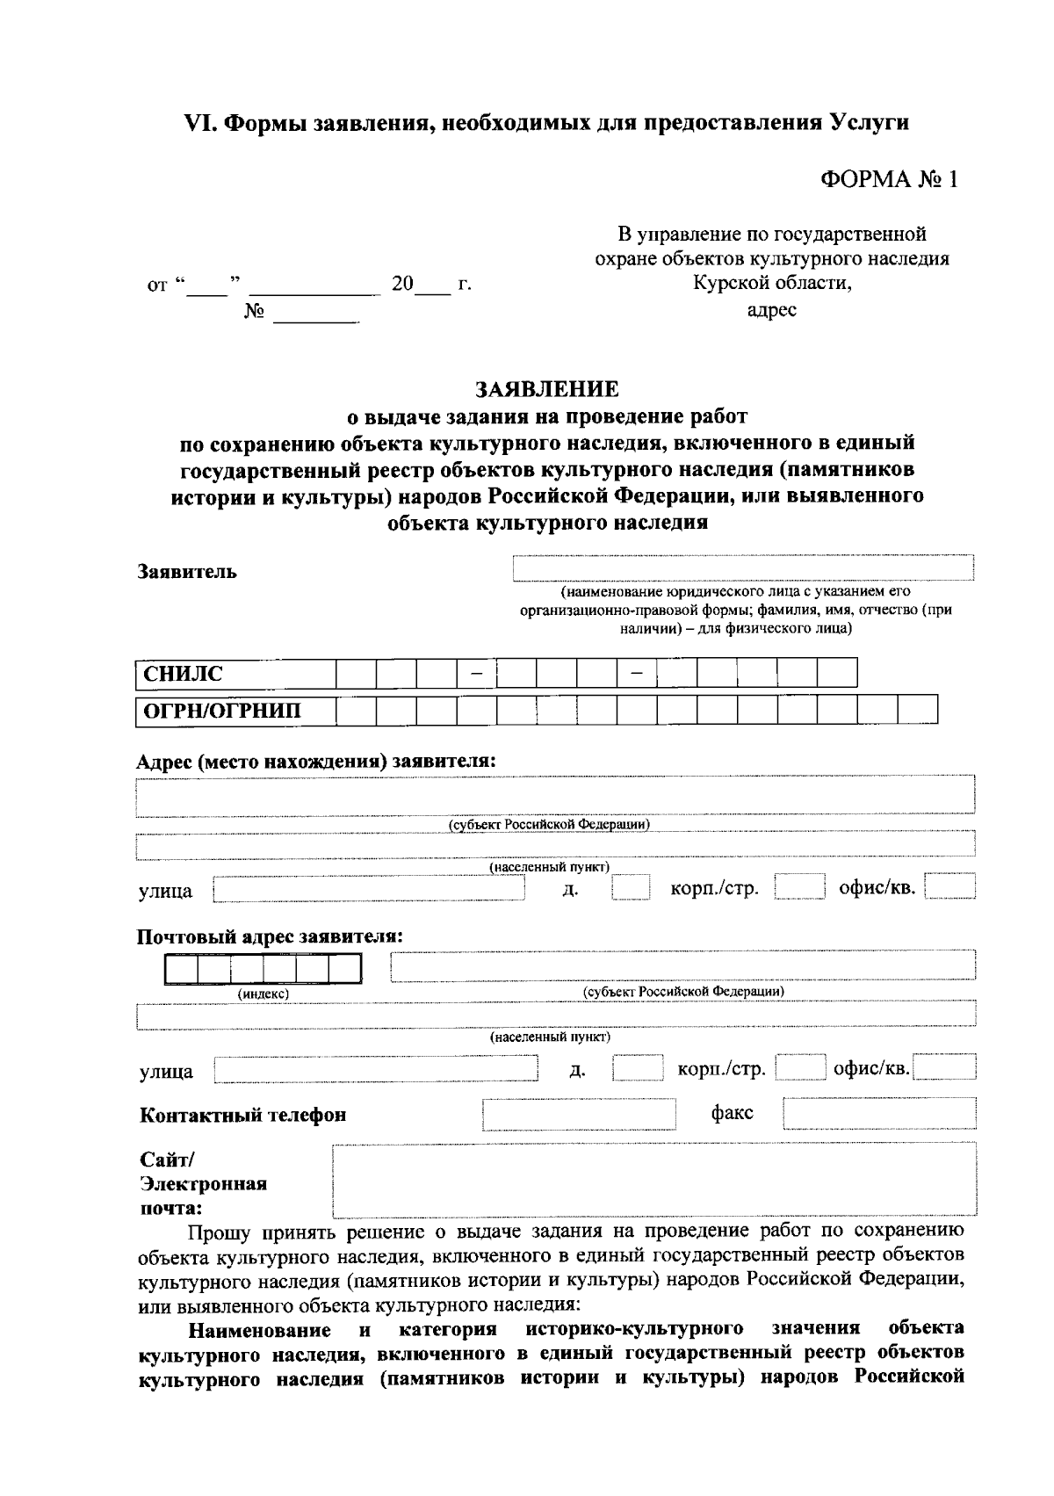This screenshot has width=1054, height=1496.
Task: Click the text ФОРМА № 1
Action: (x=888, y=179)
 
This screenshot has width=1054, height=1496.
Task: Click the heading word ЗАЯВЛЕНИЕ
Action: (x=546, y=388)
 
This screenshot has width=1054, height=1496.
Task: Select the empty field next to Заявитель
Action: (x=743, y=568)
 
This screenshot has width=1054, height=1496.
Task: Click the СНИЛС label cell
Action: (x=235, y=674)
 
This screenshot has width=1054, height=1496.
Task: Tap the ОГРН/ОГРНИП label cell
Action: (x=235, y=710)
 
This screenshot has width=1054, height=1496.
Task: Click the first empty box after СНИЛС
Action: (x=356, y=674)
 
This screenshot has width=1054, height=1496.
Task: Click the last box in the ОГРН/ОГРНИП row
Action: (x=918, y=710)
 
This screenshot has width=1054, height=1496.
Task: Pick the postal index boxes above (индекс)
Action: (x=262, y=968)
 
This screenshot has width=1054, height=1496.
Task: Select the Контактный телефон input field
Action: (x=579, y=1114)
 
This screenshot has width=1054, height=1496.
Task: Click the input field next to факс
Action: (x=879, y=1114)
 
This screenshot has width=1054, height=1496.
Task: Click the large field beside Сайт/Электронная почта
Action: (x=654, y=1179)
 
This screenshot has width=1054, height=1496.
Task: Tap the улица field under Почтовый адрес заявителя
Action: (x=376, y=1069)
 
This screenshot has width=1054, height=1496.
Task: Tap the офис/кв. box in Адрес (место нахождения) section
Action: (x=950, y=888)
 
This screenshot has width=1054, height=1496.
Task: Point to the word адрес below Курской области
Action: (x=771, y=310)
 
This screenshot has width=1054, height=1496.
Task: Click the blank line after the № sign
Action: (x=316, y=314)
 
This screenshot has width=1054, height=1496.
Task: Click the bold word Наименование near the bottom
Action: (x=260, y=1329)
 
